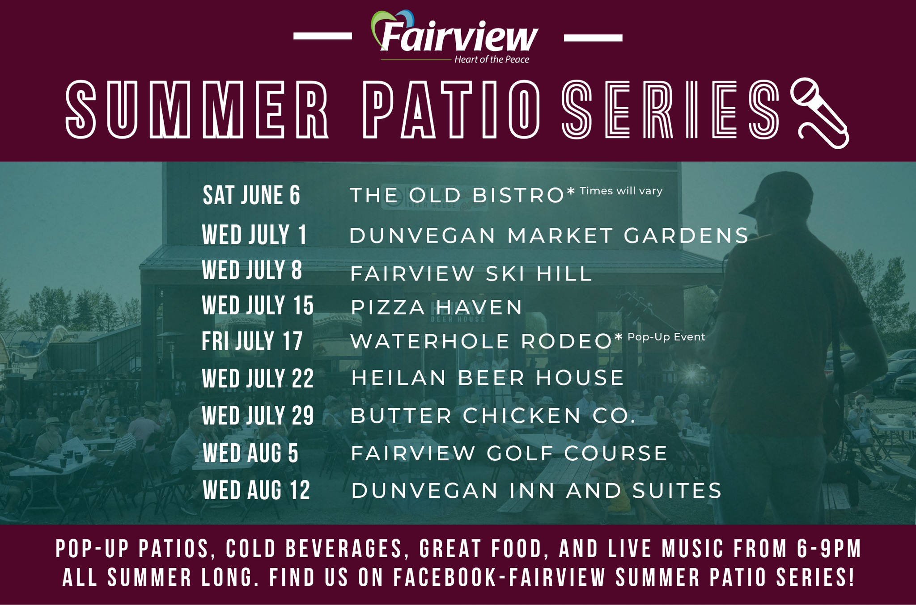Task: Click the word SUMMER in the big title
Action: (x=197, y=109)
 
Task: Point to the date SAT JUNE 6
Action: (x=251, y=195)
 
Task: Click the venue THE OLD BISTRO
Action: (x=457, y=195)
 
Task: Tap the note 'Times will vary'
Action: (x=621, y=191)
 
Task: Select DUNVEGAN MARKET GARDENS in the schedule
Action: (x=549, y=235)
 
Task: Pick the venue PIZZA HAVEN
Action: (x=437, y=307)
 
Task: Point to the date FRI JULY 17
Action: (x=252, y=341)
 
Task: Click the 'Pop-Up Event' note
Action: (x=666, y=337)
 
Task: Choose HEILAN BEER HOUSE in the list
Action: (x=488, y=378)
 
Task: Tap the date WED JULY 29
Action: (x=258, y=416)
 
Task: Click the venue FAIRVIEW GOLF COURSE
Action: (x=509, y=453)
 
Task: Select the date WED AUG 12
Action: (x=256, y=490)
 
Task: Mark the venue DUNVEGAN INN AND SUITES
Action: (x=536, y=490)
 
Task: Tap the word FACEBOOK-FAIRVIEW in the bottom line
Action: (x=500, y=577)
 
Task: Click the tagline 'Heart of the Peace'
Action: (x=492, y=59)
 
